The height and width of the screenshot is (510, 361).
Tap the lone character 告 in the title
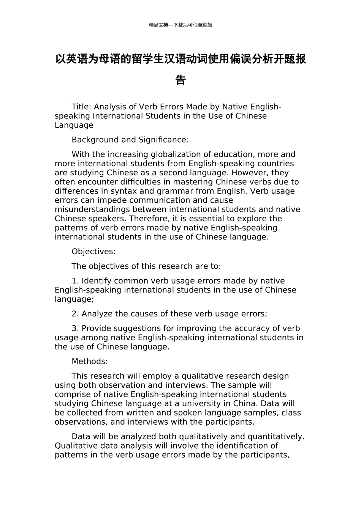coord(180,80)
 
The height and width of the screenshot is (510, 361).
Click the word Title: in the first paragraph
coord(81,107)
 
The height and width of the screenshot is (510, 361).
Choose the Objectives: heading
coord(93,252)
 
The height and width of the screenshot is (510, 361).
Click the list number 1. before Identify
coord(75,281)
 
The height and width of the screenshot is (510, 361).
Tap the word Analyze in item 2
coord(97,314)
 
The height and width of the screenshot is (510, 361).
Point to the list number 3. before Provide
coord(75,329)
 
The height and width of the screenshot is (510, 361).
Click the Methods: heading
coord(90,362)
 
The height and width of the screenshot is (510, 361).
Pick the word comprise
coord(73,395)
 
